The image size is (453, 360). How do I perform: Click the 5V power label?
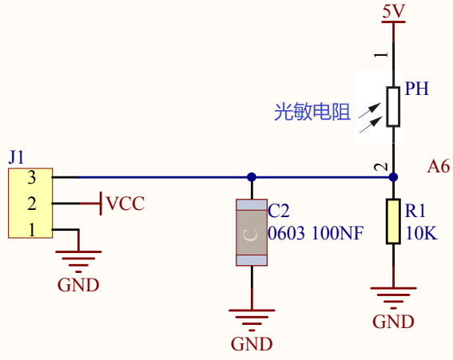tap(394, 11)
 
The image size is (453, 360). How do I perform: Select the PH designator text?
tap(416, 89)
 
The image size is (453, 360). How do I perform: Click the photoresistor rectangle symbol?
tap(393, 106)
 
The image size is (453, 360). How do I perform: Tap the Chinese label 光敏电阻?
tap(312, 112)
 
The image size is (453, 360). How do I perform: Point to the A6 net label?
tap(439, 167)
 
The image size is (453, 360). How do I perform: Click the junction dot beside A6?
tap(393, 177)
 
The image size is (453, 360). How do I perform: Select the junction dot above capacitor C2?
tap(252, 177)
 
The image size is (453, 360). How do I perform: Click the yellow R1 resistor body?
tap(393, 221)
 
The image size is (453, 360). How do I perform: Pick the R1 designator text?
tap(415, 211)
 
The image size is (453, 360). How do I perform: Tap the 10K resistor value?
tap(422, 233)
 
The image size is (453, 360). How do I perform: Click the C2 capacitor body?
tap(252, 232)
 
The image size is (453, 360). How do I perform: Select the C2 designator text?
tap(279, 211)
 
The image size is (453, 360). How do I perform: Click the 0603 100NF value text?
tap(316, 233)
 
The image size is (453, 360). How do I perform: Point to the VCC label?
tap(125, 204)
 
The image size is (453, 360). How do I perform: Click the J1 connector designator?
tap(16, 157)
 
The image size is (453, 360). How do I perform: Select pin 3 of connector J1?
tap(32, 177)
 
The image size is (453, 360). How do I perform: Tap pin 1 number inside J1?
tap(32, 230)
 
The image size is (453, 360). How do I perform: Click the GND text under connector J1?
tap(78, 285)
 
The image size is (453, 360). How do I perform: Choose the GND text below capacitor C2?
tap(252, 344)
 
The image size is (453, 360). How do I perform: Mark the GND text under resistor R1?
tap(393, 322)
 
